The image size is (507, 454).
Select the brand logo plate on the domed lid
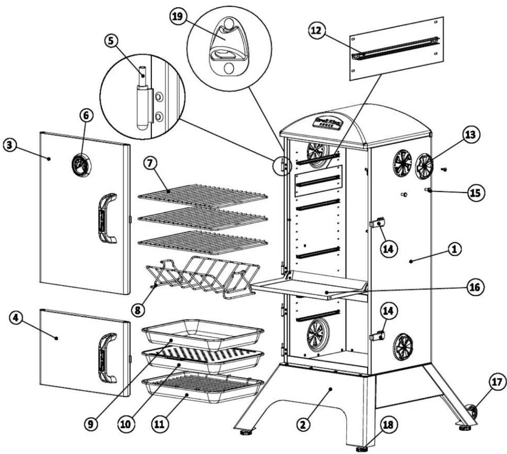(x=328, y=122)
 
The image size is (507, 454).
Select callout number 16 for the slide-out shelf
(x=475, y=288)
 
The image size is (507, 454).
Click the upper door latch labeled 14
(x=377, y=223)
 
